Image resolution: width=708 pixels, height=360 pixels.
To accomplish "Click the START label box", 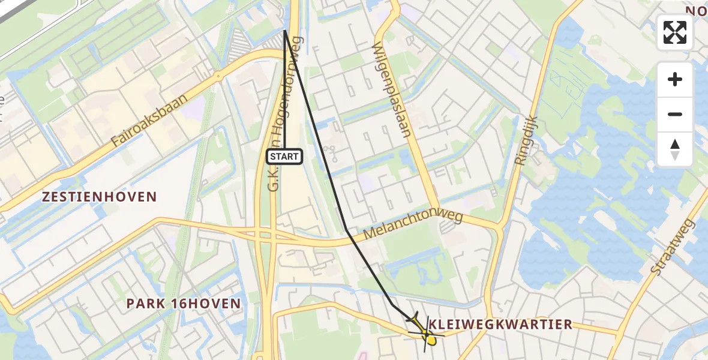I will pos(284,157).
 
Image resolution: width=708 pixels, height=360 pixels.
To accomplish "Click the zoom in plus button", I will pos(675,79).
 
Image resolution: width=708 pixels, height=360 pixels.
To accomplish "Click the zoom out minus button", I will pos(675,114).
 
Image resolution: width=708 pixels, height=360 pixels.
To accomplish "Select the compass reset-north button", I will pos(675,149).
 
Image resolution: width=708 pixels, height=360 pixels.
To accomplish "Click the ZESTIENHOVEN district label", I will pos(100,197).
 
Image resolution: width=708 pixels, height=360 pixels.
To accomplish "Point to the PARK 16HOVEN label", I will pos(184,304).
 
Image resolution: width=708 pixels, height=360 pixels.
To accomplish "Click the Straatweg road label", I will pos(672,247).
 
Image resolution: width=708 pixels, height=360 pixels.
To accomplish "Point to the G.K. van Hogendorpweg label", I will pos(284,114).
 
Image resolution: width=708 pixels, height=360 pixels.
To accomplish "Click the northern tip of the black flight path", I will pos(284,31).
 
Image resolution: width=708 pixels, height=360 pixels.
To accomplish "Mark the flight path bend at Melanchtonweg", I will pos(347,229).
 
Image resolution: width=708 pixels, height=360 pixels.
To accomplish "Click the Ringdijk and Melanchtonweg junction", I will pos(499,227).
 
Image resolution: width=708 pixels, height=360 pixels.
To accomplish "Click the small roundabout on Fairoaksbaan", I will pos(218,76).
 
